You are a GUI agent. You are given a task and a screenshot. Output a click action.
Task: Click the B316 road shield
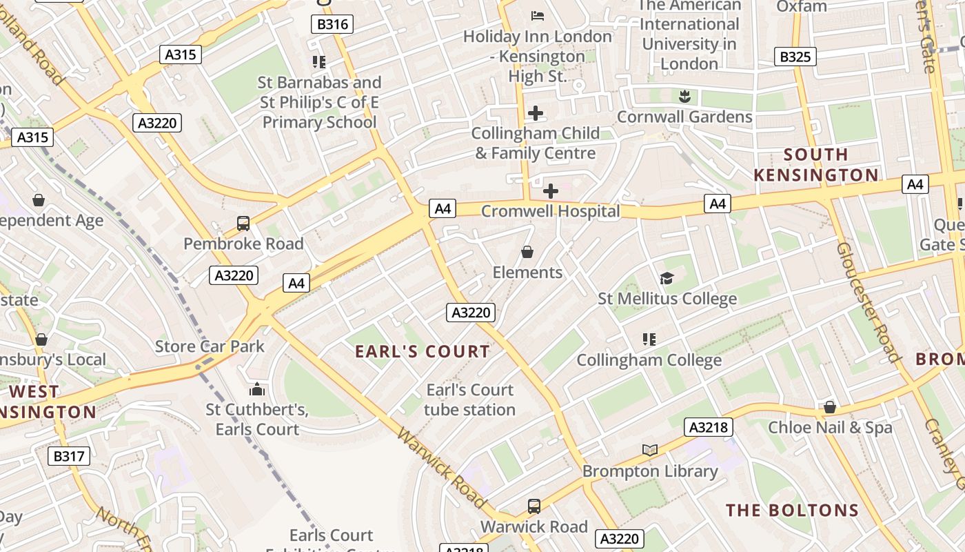(332, 25)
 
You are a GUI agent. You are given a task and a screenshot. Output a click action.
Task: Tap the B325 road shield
(795, 57)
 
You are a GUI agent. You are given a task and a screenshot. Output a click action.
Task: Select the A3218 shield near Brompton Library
(709, 427)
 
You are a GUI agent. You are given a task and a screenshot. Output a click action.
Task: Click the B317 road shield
(68, 455)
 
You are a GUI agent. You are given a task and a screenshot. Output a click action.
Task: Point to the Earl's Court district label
(423, 352)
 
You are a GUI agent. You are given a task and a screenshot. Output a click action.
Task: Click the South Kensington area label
(815, 165)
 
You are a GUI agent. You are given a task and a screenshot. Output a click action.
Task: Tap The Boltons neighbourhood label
(792, 511)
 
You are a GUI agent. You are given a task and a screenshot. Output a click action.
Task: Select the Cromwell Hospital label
(550, 211)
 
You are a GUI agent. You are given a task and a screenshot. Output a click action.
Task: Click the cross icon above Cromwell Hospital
(550, 190)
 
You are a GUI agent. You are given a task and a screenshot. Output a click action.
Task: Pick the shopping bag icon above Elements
(527, 252)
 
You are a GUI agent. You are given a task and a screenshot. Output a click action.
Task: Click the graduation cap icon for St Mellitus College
(667, 278)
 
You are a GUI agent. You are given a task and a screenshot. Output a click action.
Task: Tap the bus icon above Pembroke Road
(243, 224)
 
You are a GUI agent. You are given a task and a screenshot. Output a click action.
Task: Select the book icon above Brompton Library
(649, 450)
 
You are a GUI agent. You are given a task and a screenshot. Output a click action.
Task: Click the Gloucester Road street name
(868, 302)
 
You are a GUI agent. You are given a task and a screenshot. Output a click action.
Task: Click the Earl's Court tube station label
(469, 400)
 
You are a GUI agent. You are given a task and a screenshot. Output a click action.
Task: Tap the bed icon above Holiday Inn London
(537, 15)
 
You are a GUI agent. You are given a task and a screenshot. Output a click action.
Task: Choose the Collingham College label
(649, 360)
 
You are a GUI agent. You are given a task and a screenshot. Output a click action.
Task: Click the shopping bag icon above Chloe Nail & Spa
(830, 407)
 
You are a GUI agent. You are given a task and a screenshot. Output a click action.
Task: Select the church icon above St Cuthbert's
(256, 389)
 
